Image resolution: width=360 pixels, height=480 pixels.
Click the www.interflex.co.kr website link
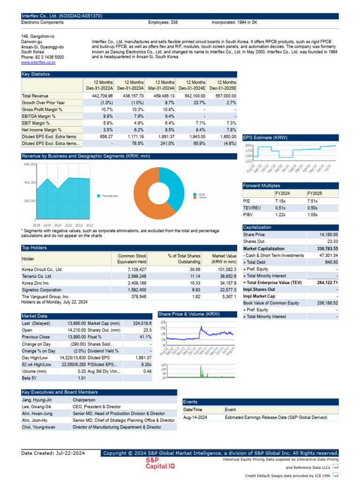click(x=38, y=62)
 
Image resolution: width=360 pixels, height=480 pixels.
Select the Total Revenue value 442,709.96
click(x=100, y=96)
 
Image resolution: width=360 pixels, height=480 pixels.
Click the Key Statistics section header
click(x=36, y=74)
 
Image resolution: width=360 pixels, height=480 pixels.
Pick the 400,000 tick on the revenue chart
click(x=30, y=182)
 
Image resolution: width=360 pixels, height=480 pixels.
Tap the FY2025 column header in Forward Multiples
click(x=315, y=193)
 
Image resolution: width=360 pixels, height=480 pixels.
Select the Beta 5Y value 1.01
click(x=82, y=378)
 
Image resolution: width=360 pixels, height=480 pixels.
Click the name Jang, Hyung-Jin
click(x=37, y=400)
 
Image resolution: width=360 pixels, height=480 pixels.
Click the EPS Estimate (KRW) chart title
click(x=265, y=137)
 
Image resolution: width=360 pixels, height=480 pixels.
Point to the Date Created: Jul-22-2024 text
click(x=53, y=453)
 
